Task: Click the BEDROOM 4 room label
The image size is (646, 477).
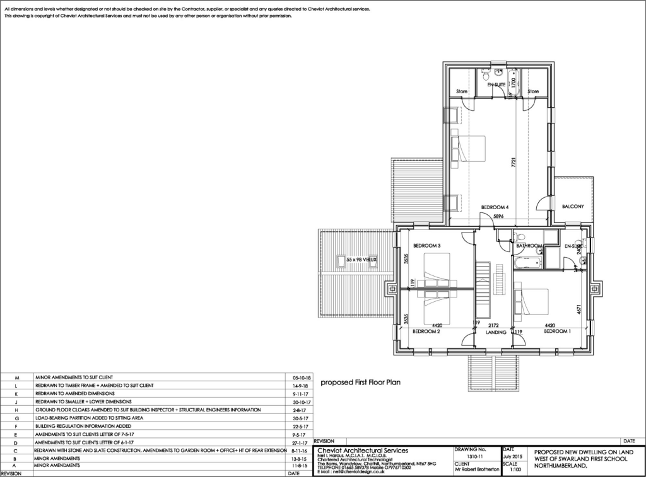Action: coord(495,207)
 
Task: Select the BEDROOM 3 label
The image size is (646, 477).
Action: coord(426,245)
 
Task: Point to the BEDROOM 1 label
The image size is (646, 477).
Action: coord(557,331)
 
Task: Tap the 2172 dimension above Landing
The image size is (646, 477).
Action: coord(493,325)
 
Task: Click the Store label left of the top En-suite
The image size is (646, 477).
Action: coord(462,92)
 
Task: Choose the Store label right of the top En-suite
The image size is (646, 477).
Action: coord(533,92)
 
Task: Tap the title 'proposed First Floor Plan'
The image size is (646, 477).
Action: coord(361,382)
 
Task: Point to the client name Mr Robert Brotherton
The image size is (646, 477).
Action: coord(476,469)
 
